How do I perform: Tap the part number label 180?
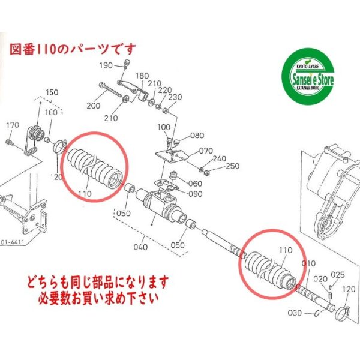pyautogui.click(x=143, y=76)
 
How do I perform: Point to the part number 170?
pyautogui.click(x=13, y=125)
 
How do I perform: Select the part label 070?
pyautogui.click(x=206, y=151)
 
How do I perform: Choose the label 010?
pyautogui.click(x=308, y=263)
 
